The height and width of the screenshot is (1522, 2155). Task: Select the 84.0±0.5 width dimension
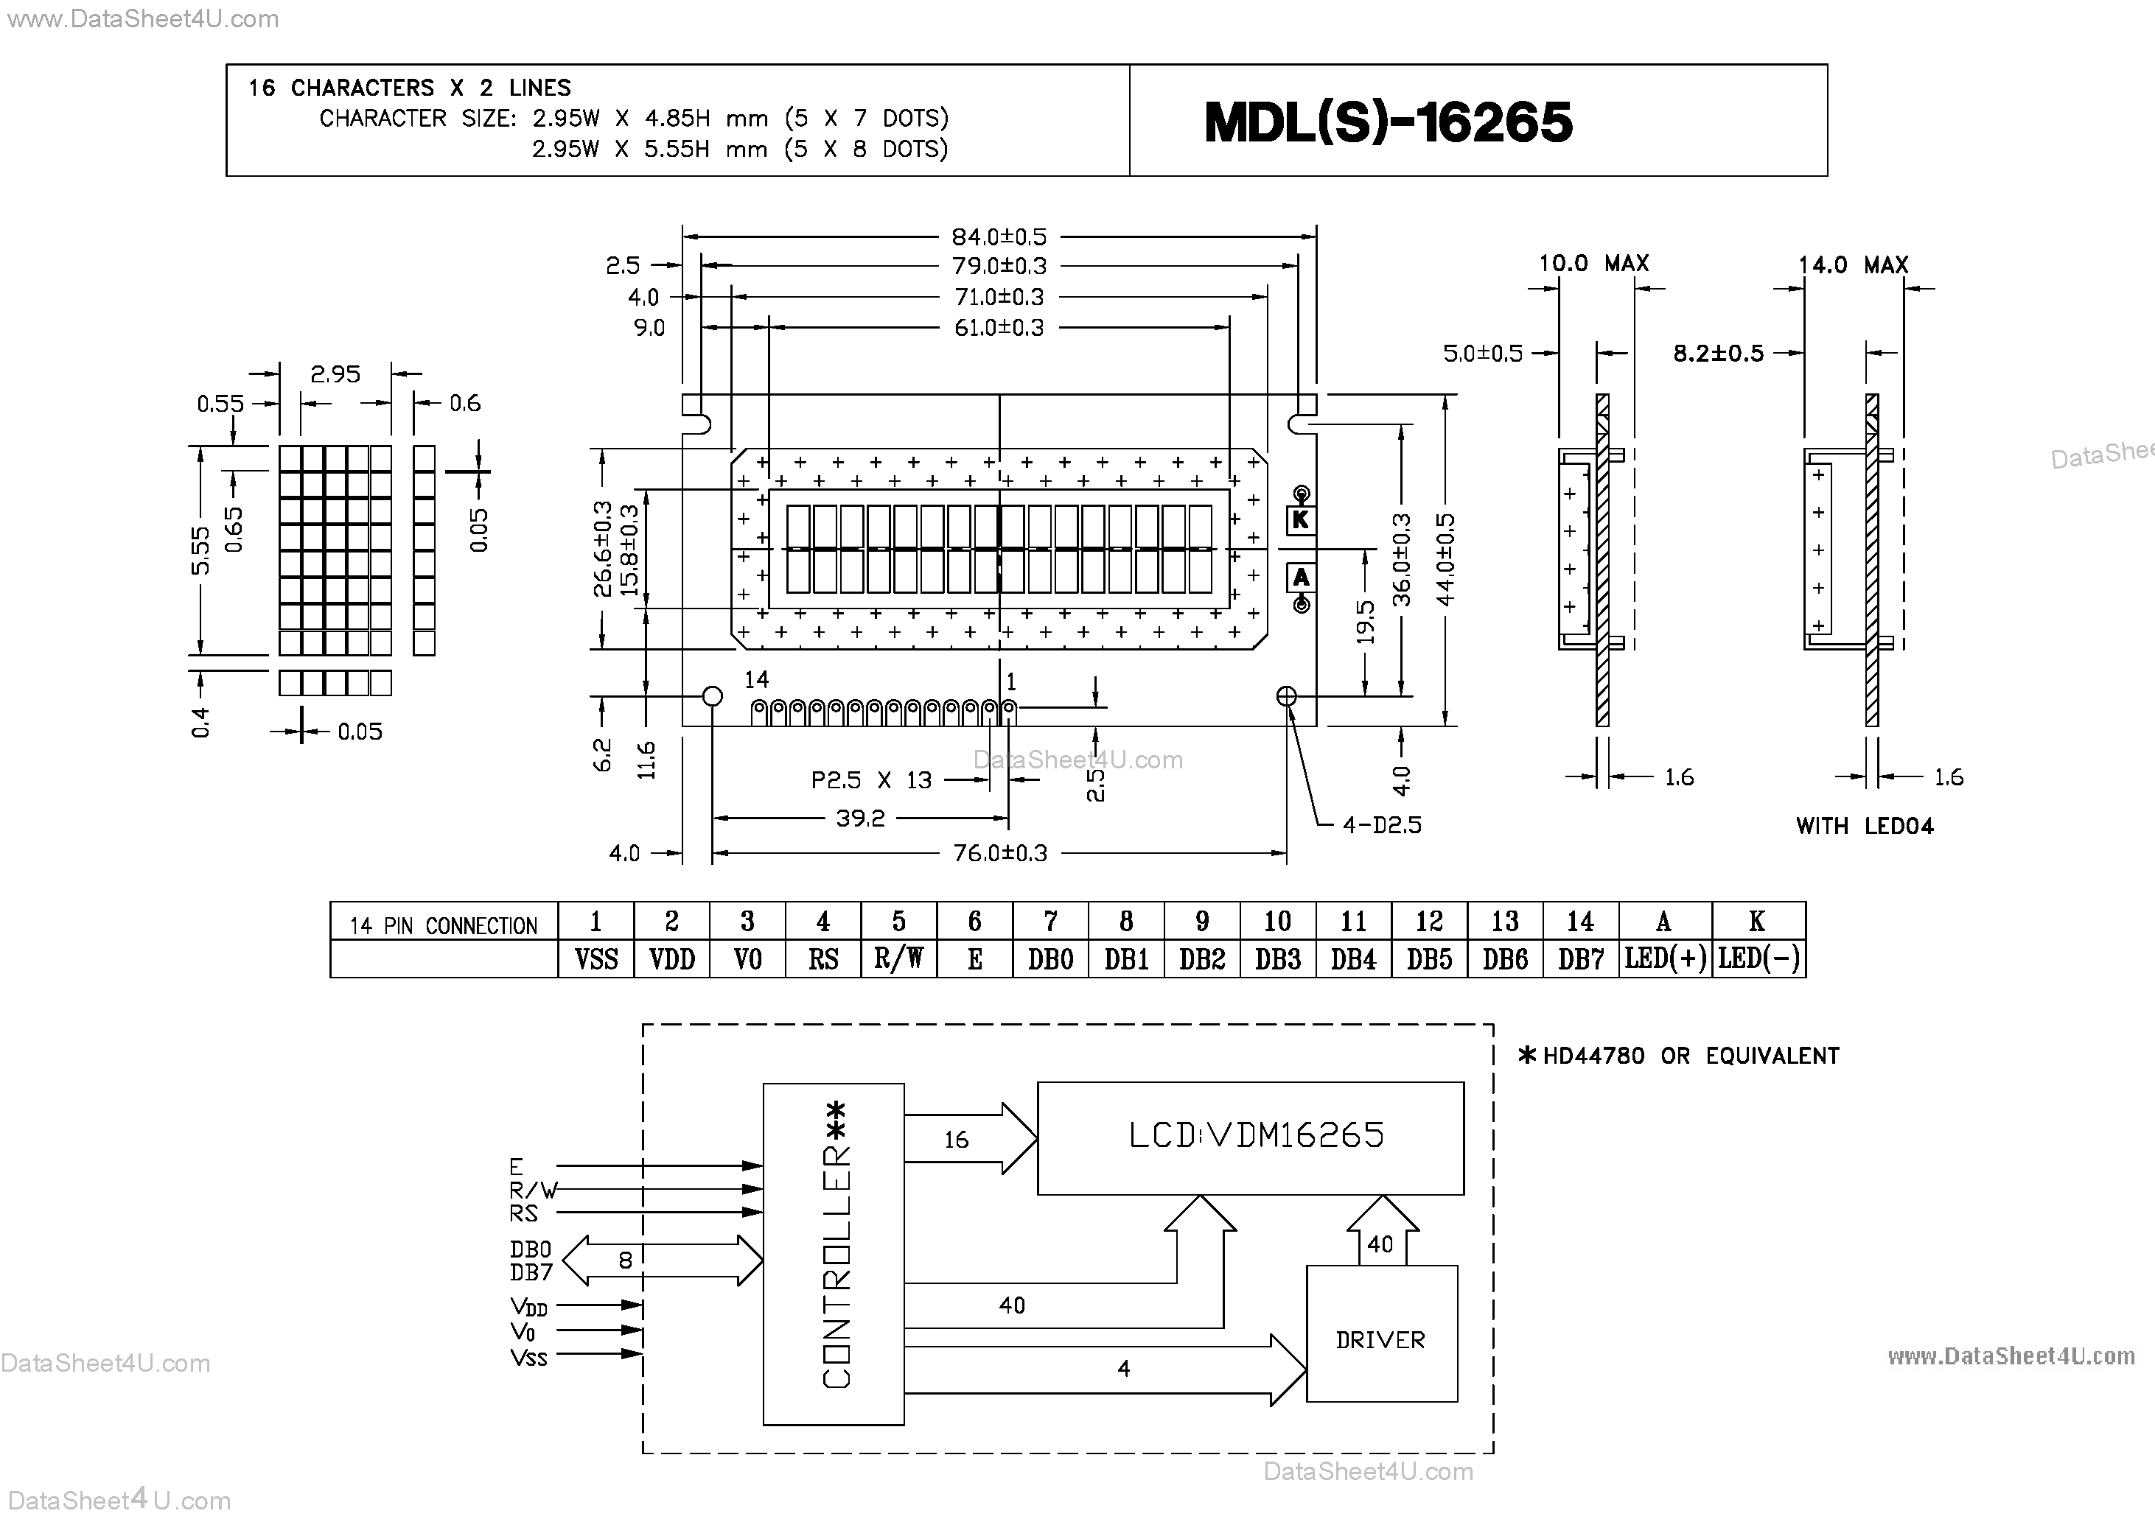click(999, 236)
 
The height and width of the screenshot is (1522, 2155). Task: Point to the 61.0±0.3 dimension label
click(999, 328)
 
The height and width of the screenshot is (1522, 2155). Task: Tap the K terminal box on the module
click(1301, 520)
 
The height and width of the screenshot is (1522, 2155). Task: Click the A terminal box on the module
click(1301, 577)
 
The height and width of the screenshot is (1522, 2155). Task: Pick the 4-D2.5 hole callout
click(1382, 825)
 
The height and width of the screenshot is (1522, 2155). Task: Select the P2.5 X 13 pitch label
click(871, 779)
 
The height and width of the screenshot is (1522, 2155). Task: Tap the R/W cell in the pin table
click(898, 959)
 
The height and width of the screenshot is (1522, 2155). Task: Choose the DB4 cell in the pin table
click(1353, 959)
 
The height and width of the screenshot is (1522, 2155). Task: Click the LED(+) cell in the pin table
click(1665, 959)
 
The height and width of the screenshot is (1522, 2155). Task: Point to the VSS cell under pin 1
click(596, 959)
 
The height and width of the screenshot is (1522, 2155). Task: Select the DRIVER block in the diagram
click(1380, 1340)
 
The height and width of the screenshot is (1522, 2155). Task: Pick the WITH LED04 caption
click(1864, 826)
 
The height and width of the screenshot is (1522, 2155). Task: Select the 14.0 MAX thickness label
click(1853, 265)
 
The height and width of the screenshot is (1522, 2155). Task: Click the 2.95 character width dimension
click(335, 374)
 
